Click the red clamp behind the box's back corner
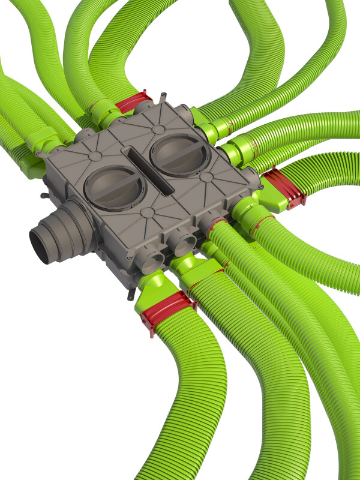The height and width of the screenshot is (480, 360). pos(133,101)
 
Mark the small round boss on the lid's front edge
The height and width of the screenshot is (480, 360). pos(148,212)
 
